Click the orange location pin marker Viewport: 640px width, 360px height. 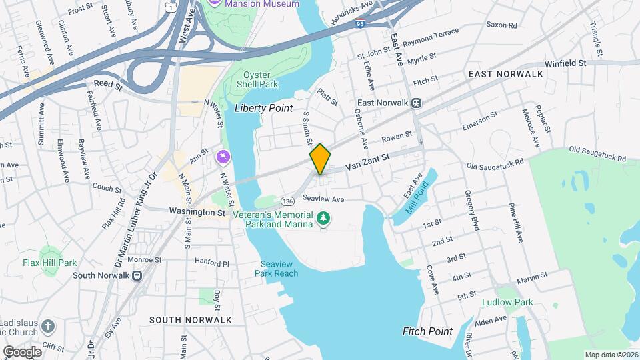point(320,159)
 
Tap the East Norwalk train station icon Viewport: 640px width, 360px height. point(417,103)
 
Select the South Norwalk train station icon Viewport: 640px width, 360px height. point(137,275)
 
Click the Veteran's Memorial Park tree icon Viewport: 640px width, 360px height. point(323,217)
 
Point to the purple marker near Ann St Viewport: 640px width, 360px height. point(223,157)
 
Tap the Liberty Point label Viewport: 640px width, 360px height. point(264,108)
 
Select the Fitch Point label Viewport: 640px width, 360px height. point(427,331)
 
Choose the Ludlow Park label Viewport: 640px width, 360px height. point(507,302)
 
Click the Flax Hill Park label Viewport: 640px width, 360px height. point(49,263)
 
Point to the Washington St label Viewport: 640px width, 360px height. point(197,212)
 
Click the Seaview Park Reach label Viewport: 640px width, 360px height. point(276,269)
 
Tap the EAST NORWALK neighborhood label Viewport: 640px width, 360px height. point(505,74)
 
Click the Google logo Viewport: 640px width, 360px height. point(22,351)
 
